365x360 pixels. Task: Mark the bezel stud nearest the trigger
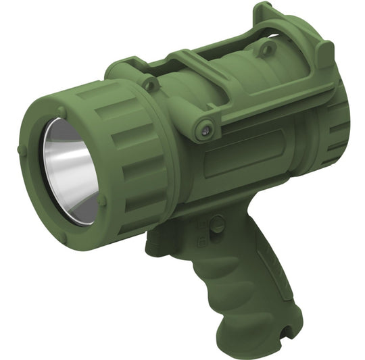(103, 201)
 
